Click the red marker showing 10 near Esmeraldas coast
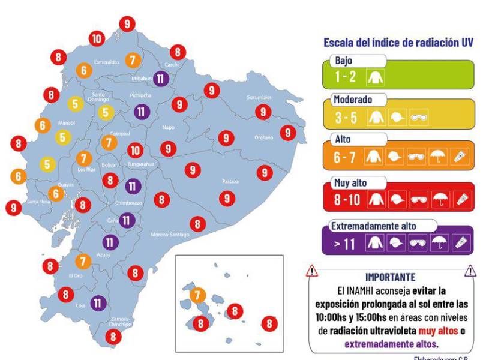click(x=96, y=39)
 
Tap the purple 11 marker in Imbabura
click(x=161, y=78)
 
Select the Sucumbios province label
click(x=259, y=97)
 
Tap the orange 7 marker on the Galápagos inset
click(x=197, y=295)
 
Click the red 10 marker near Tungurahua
click(x=136, y=151)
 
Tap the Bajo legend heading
click(x=344, y=61)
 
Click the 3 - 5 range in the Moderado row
click(x=346, y=119)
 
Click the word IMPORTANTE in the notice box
click(x=390, y=277)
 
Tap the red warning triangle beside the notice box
click(x=312, y=272)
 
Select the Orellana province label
click(x=263, y=137)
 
